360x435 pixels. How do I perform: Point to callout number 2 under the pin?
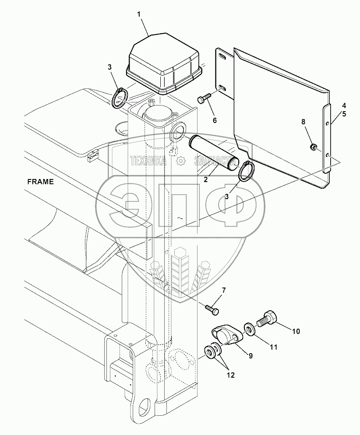(x=205, y=179)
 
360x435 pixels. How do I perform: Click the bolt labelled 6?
(x=204, y=98)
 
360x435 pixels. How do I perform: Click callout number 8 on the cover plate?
(x=303, y=122)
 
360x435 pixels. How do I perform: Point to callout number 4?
(x=344, y=105)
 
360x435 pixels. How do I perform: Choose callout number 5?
(x=344, y=114)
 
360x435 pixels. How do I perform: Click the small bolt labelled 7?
(x=212, y=309)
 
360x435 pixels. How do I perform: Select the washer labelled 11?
(x=250, y=329)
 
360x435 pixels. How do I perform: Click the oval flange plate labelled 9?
(x=227, y=336)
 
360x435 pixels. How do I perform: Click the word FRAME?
(x=41, y=182)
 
